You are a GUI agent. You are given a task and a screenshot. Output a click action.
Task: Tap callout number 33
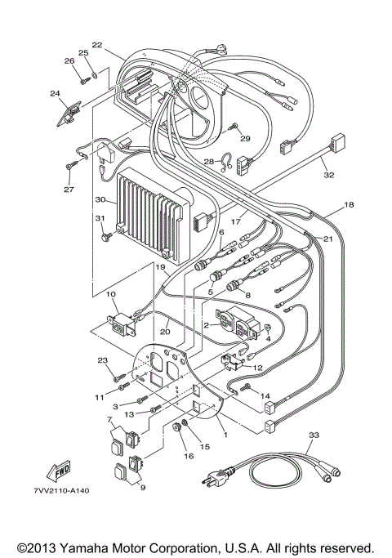[x=311, y=437]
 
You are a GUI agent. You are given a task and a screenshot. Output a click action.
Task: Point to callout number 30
[x=100, y=199]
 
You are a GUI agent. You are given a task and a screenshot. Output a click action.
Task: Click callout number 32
[x=328, y=174]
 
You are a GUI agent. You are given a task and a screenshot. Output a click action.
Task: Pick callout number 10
[x=111, y=293]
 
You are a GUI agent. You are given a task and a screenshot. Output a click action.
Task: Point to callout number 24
[x=55, y=94]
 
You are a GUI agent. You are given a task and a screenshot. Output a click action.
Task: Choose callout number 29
[x=244, y=138]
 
